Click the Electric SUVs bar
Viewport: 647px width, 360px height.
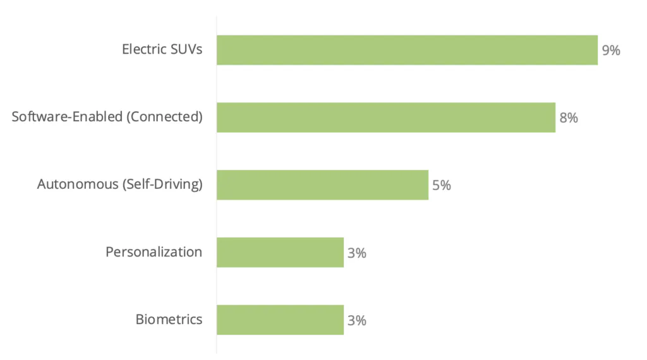407,50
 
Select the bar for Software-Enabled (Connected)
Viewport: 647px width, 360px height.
385,117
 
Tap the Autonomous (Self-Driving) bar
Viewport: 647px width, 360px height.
322,185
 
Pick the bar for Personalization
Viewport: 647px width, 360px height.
280,253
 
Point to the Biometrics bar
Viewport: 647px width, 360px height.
280,320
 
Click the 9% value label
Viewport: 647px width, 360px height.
611,51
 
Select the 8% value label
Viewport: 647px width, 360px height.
569,118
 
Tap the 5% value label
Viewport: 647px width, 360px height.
442,186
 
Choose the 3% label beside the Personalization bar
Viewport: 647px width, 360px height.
357,253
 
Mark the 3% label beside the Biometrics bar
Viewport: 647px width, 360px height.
357,320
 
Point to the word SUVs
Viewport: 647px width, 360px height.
186,49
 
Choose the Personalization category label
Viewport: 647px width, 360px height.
154,252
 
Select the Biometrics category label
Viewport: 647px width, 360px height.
169,319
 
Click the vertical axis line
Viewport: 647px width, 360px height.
216,189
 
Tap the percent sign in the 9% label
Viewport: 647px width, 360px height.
615,51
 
